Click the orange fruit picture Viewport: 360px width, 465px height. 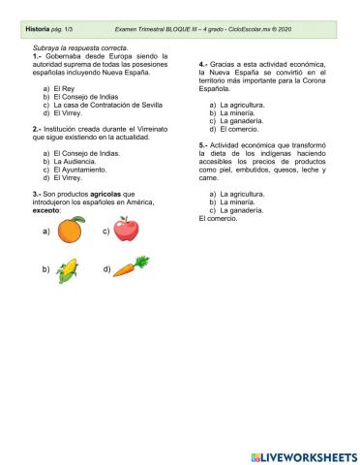70,231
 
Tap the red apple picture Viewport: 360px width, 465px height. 127,230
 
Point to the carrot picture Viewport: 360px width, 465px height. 132,266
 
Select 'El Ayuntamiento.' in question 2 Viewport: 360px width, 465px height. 80,170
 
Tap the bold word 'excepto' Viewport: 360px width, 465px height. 46,209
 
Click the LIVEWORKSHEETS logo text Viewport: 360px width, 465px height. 309,456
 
